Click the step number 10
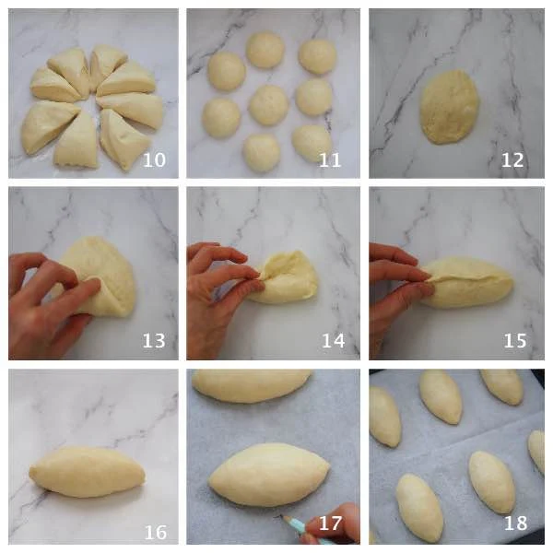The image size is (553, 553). (x=154, y=159)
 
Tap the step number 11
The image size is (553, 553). (x=330, y=159)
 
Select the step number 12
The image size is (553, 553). (x=512, y=159)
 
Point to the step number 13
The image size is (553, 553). (x=154, y=341)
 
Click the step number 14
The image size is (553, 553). (x=334, y=341)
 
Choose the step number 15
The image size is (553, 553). (x=515, y=341)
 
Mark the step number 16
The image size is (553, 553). (x=156, y=532)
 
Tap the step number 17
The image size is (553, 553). (x=331, y=524)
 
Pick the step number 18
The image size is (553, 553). (x=515, y=524)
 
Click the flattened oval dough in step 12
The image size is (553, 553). (x=449, y=107)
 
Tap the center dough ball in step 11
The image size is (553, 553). (x=269, y=105)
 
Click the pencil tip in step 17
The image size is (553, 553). (x=282, y=516)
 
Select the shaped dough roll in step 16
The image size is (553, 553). (x=88, y=472)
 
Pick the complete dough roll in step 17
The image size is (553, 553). (x=269, y=475)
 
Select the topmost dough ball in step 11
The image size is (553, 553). (x=265, y=50)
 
